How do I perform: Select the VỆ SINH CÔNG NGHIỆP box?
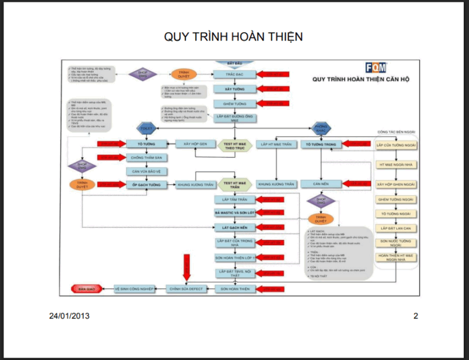click(x=134, y=289)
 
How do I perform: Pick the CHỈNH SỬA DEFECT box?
click(x=186, y=289)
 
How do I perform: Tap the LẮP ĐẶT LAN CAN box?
click(x=396, y=227)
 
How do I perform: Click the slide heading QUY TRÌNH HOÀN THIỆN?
click(x=233, y=37)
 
